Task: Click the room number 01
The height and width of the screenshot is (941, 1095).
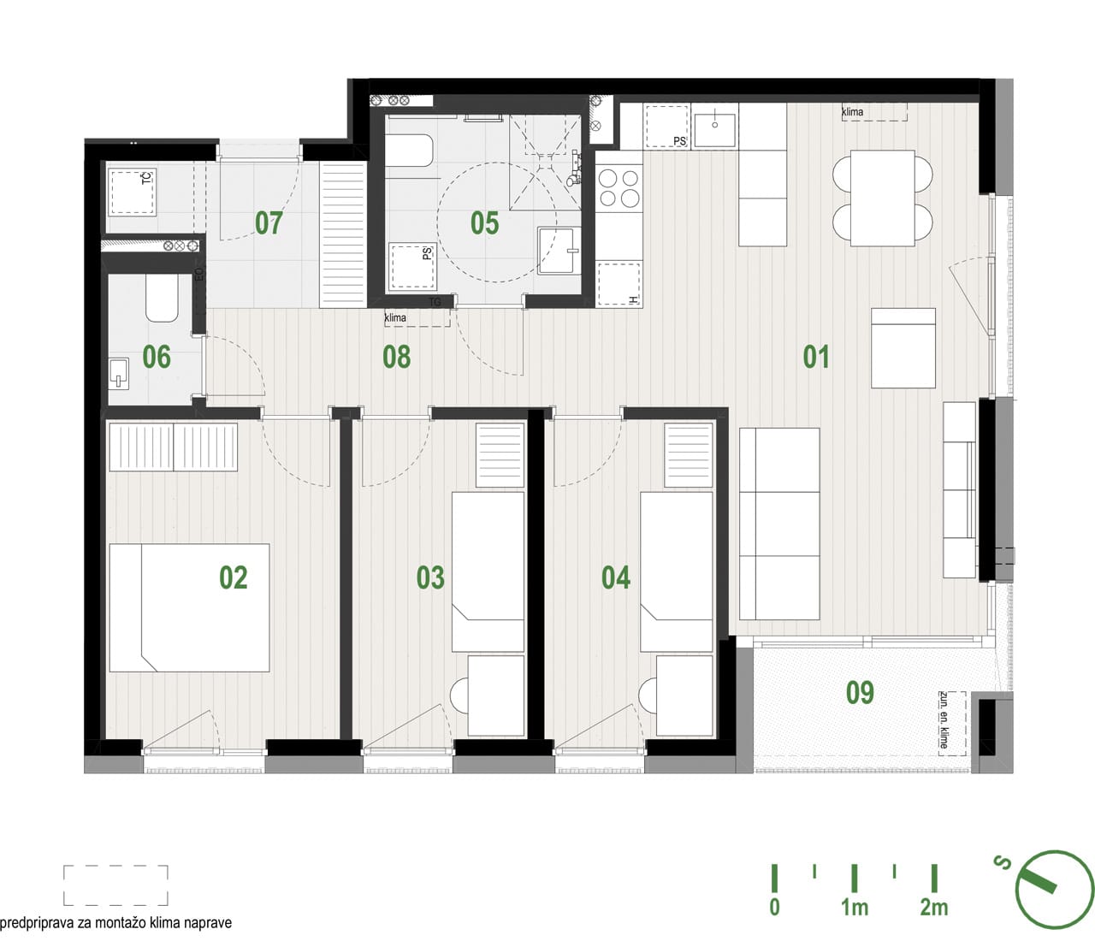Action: [816, 357]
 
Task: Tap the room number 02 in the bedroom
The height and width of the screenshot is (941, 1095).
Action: [233, 577]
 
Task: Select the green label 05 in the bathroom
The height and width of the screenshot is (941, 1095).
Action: [485, 222]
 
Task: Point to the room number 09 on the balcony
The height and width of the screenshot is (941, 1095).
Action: [860, 693]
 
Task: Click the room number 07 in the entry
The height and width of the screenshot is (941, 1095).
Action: [269, 222]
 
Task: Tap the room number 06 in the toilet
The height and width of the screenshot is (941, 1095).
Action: [157, 357]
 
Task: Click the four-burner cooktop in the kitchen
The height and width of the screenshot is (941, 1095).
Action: [619, 187]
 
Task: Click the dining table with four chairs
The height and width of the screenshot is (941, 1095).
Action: [883, 198]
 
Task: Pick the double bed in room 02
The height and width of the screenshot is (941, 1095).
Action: [189, 607]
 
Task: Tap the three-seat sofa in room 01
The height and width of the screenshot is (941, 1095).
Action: [779, 524]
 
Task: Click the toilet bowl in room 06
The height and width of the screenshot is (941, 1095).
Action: [162, 297]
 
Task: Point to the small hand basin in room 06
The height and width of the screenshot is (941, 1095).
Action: [119, 374]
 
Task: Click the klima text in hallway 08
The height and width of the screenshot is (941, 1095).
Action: [395, 318]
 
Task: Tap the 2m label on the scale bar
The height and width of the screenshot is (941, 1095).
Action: [934, 908]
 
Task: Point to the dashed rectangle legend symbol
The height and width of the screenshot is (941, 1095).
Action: [115, 886]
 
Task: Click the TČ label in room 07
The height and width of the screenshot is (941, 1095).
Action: [147, 177]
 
